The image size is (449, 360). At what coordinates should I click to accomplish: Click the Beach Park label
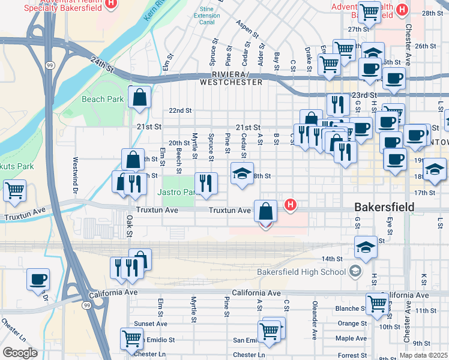(x=103, y=99)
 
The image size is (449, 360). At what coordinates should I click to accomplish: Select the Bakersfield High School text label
(x=301, y=272)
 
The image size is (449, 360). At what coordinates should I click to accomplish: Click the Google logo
(x=20, y=353)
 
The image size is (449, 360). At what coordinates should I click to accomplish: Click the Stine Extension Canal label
(x=207, y=16)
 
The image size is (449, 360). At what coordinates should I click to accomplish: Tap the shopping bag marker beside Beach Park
(x=140, y=98)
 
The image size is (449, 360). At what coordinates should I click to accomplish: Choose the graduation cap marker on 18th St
(x=242, y=174)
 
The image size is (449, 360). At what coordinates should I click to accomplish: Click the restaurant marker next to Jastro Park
(x=206, y=184)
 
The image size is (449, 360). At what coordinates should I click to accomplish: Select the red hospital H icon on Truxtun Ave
(x=291, y=205)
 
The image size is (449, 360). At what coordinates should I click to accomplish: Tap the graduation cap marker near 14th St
(x=366, y=247)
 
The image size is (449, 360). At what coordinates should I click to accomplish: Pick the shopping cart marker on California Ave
(x=377, y=303)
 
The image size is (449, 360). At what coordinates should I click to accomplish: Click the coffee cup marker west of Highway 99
(x=38, y=279)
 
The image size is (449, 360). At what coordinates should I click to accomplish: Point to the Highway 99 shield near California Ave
(x=88, y=305)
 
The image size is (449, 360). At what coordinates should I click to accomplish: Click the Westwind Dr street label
(x=76, y=171)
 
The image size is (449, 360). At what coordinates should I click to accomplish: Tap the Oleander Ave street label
(x=314, y=322)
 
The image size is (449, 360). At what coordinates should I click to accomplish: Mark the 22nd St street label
(x=179, y=111)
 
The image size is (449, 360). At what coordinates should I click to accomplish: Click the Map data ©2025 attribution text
(x=423, y=355)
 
